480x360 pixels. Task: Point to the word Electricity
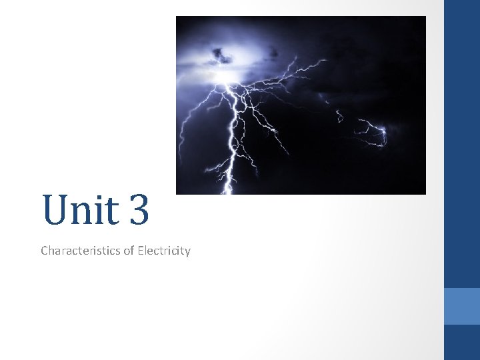[x=163, y=251]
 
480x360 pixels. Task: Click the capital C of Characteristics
[x=45, y=251]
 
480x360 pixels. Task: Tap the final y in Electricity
[x=187, y=253]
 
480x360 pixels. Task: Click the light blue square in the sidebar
[x=462, y=306]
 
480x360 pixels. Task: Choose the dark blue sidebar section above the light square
[x=462, y=143]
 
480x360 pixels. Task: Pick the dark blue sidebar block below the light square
[x=462, y=342]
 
